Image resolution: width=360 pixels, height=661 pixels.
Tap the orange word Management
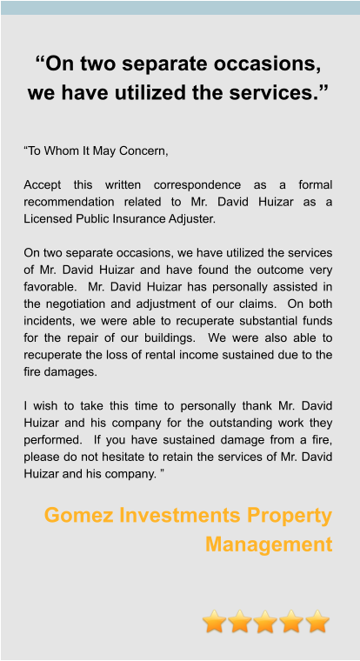(x=269, y=544)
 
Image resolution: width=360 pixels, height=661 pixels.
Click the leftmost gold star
(x=216, y=621)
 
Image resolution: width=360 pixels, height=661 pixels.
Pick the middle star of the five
(x=266, y=621)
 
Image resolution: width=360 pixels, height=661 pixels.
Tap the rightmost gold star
(x=317, y=621)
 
